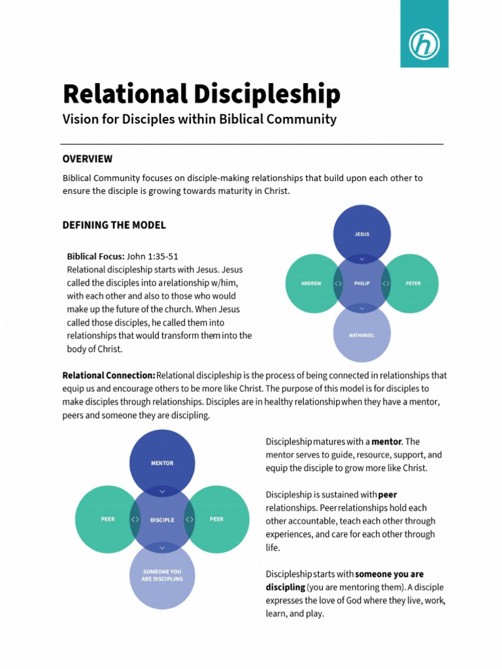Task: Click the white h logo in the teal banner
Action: point(424,44)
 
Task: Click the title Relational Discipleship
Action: point(201,94)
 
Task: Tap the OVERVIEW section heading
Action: point(88,159)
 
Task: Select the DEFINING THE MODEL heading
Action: point(114,225)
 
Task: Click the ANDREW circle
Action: point(311,284)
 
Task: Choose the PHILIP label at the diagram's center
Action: point(361,284)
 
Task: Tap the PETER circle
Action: point(413,284)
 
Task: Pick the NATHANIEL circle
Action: point(361,334)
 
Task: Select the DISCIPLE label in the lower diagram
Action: point(162,520)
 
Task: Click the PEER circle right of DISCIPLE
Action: point(216,519)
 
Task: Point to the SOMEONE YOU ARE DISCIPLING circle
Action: point(162,576)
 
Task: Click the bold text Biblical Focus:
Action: point(95,256)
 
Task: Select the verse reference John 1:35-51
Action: point(152,256)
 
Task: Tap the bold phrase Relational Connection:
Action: point(109,375)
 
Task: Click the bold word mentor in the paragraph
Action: point(387,442)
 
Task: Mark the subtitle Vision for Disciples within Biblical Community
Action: point(199,119)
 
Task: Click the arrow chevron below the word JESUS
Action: point(361,258)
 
